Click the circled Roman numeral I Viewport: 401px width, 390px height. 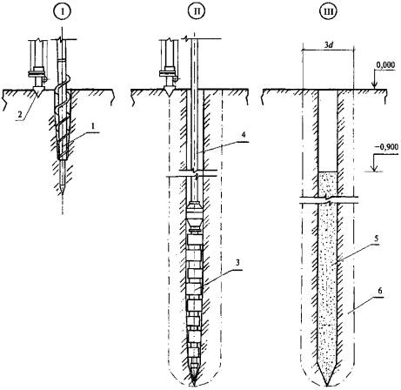coord(62,12)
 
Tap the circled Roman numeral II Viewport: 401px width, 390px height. coord(196,12)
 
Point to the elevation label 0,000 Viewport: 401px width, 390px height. coord(385,64)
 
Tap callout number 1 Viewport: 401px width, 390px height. coord(93,127)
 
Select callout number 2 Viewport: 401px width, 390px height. coord(20,115)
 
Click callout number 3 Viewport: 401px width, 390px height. coord(237,263)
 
